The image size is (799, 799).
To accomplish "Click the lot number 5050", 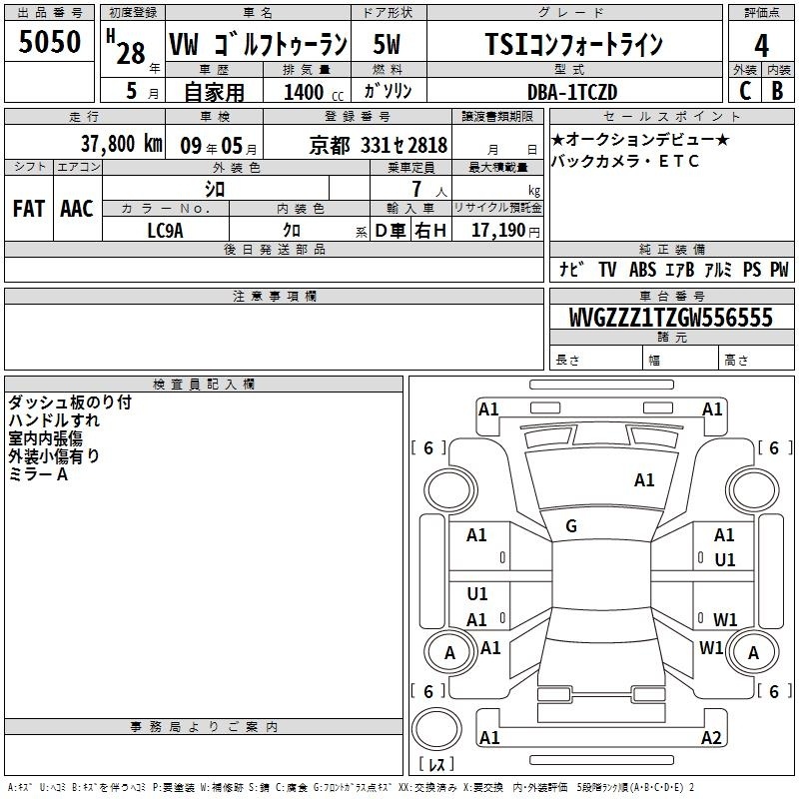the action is coord(49,41).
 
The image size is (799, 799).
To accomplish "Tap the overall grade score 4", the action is coord(761,45).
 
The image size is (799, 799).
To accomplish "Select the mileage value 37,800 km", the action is coord(121,144).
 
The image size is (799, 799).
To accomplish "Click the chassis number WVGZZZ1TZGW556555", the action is coord(670,318).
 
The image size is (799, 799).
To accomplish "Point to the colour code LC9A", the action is coord(165,231).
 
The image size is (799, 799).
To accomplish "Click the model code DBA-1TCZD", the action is coord(572,92).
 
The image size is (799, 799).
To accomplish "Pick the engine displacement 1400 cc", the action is coord(314,92).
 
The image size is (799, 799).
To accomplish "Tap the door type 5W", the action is coord(387,44).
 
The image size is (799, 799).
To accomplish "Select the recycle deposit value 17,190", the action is coord(498,230).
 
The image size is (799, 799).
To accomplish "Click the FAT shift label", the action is coord(29,209).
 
